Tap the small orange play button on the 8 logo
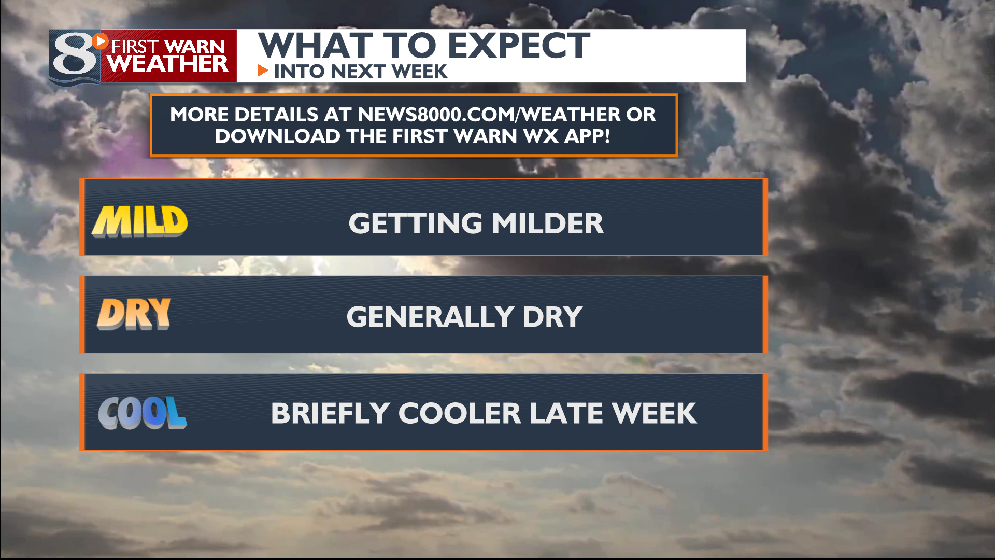tap(101, 40)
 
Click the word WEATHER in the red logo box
tap(168, 64)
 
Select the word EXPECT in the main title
tap(519, 46)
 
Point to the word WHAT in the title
tap(316, 46)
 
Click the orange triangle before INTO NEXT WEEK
tap(263, 71)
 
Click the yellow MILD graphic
tap(140, 221)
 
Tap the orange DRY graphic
tap(134, 314)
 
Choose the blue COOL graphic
tap(142, 413)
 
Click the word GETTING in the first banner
tap(416, 223)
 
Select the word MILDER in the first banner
tap(548, 223)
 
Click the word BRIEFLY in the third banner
tap(330, 413)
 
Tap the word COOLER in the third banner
tap(460, 413)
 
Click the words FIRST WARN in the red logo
tap(168, 47)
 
